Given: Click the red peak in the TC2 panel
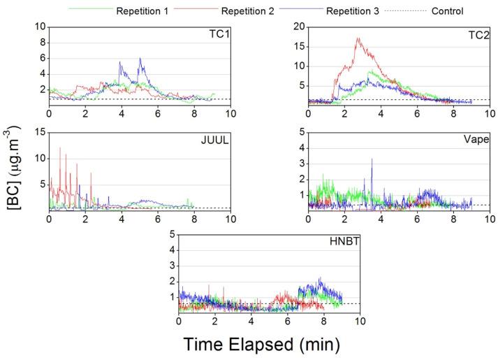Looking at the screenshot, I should (x=358, y=38).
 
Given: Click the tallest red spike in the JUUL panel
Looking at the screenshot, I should (x=60, y=147).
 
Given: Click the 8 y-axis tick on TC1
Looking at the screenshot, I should (x=41, y=43).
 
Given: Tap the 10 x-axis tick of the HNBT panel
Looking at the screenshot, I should (x=360, y=321).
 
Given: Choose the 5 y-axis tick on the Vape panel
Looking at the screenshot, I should (x=301, y=132).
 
